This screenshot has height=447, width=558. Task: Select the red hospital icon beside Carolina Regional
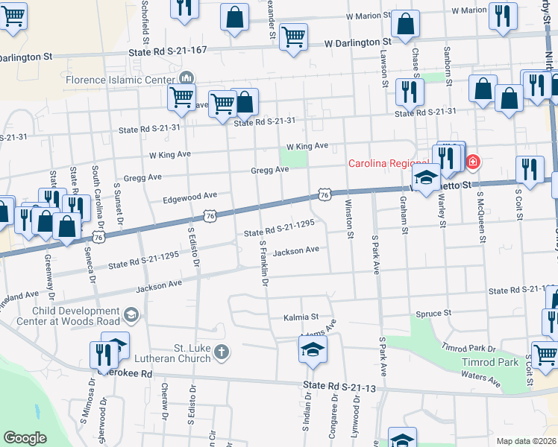[473, 162]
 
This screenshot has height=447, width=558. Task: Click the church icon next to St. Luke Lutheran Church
[221, 351]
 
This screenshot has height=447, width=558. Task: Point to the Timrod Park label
[498, 362]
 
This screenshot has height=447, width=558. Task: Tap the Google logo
[25, 438]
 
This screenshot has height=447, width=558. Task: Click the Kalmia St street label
[301, 317]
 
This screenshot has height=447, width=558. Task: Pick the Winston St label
[348, 219]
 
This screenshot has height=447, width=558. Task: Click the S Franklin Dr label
[263, 262]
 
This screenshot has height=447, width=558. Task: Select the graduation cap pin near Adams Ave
[313, 349]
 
